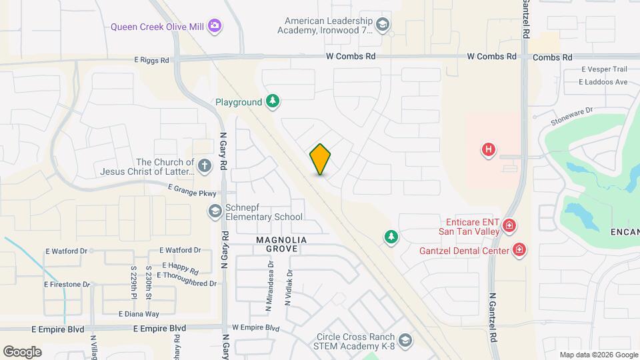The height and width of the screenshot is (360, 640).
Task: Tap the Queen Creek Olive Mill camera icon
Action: coord(215,27)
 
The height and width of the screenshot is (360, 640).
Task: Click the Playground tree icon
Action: coord(272,101)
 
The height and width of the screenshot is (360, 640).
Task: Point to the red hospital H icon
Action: coord(489,150)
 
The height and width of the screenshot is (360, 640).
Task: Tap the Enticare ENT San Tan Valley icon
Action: coord(509,226)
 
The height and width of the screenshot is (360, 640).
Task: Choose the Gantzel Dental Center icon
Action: coord(519,251)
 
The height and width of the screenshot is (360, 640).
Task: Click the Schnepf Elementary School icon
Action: coord(215,211)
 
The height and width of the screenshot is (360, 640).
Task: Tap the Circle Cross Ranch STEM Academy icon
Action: coord(405,341)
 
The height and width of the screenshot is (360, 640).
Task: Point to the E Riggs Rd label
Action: coord(151,60)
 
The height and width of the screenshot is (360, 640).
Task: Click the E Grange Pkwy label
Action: coord(192,193)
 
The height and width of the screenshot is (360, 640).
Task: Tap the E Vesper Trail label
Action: coord(604,69)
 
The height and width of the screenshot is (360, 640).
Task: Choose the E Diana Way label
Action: coord(139,314)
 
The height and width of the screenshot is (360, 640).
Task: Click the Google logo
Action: coord(22,351)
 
